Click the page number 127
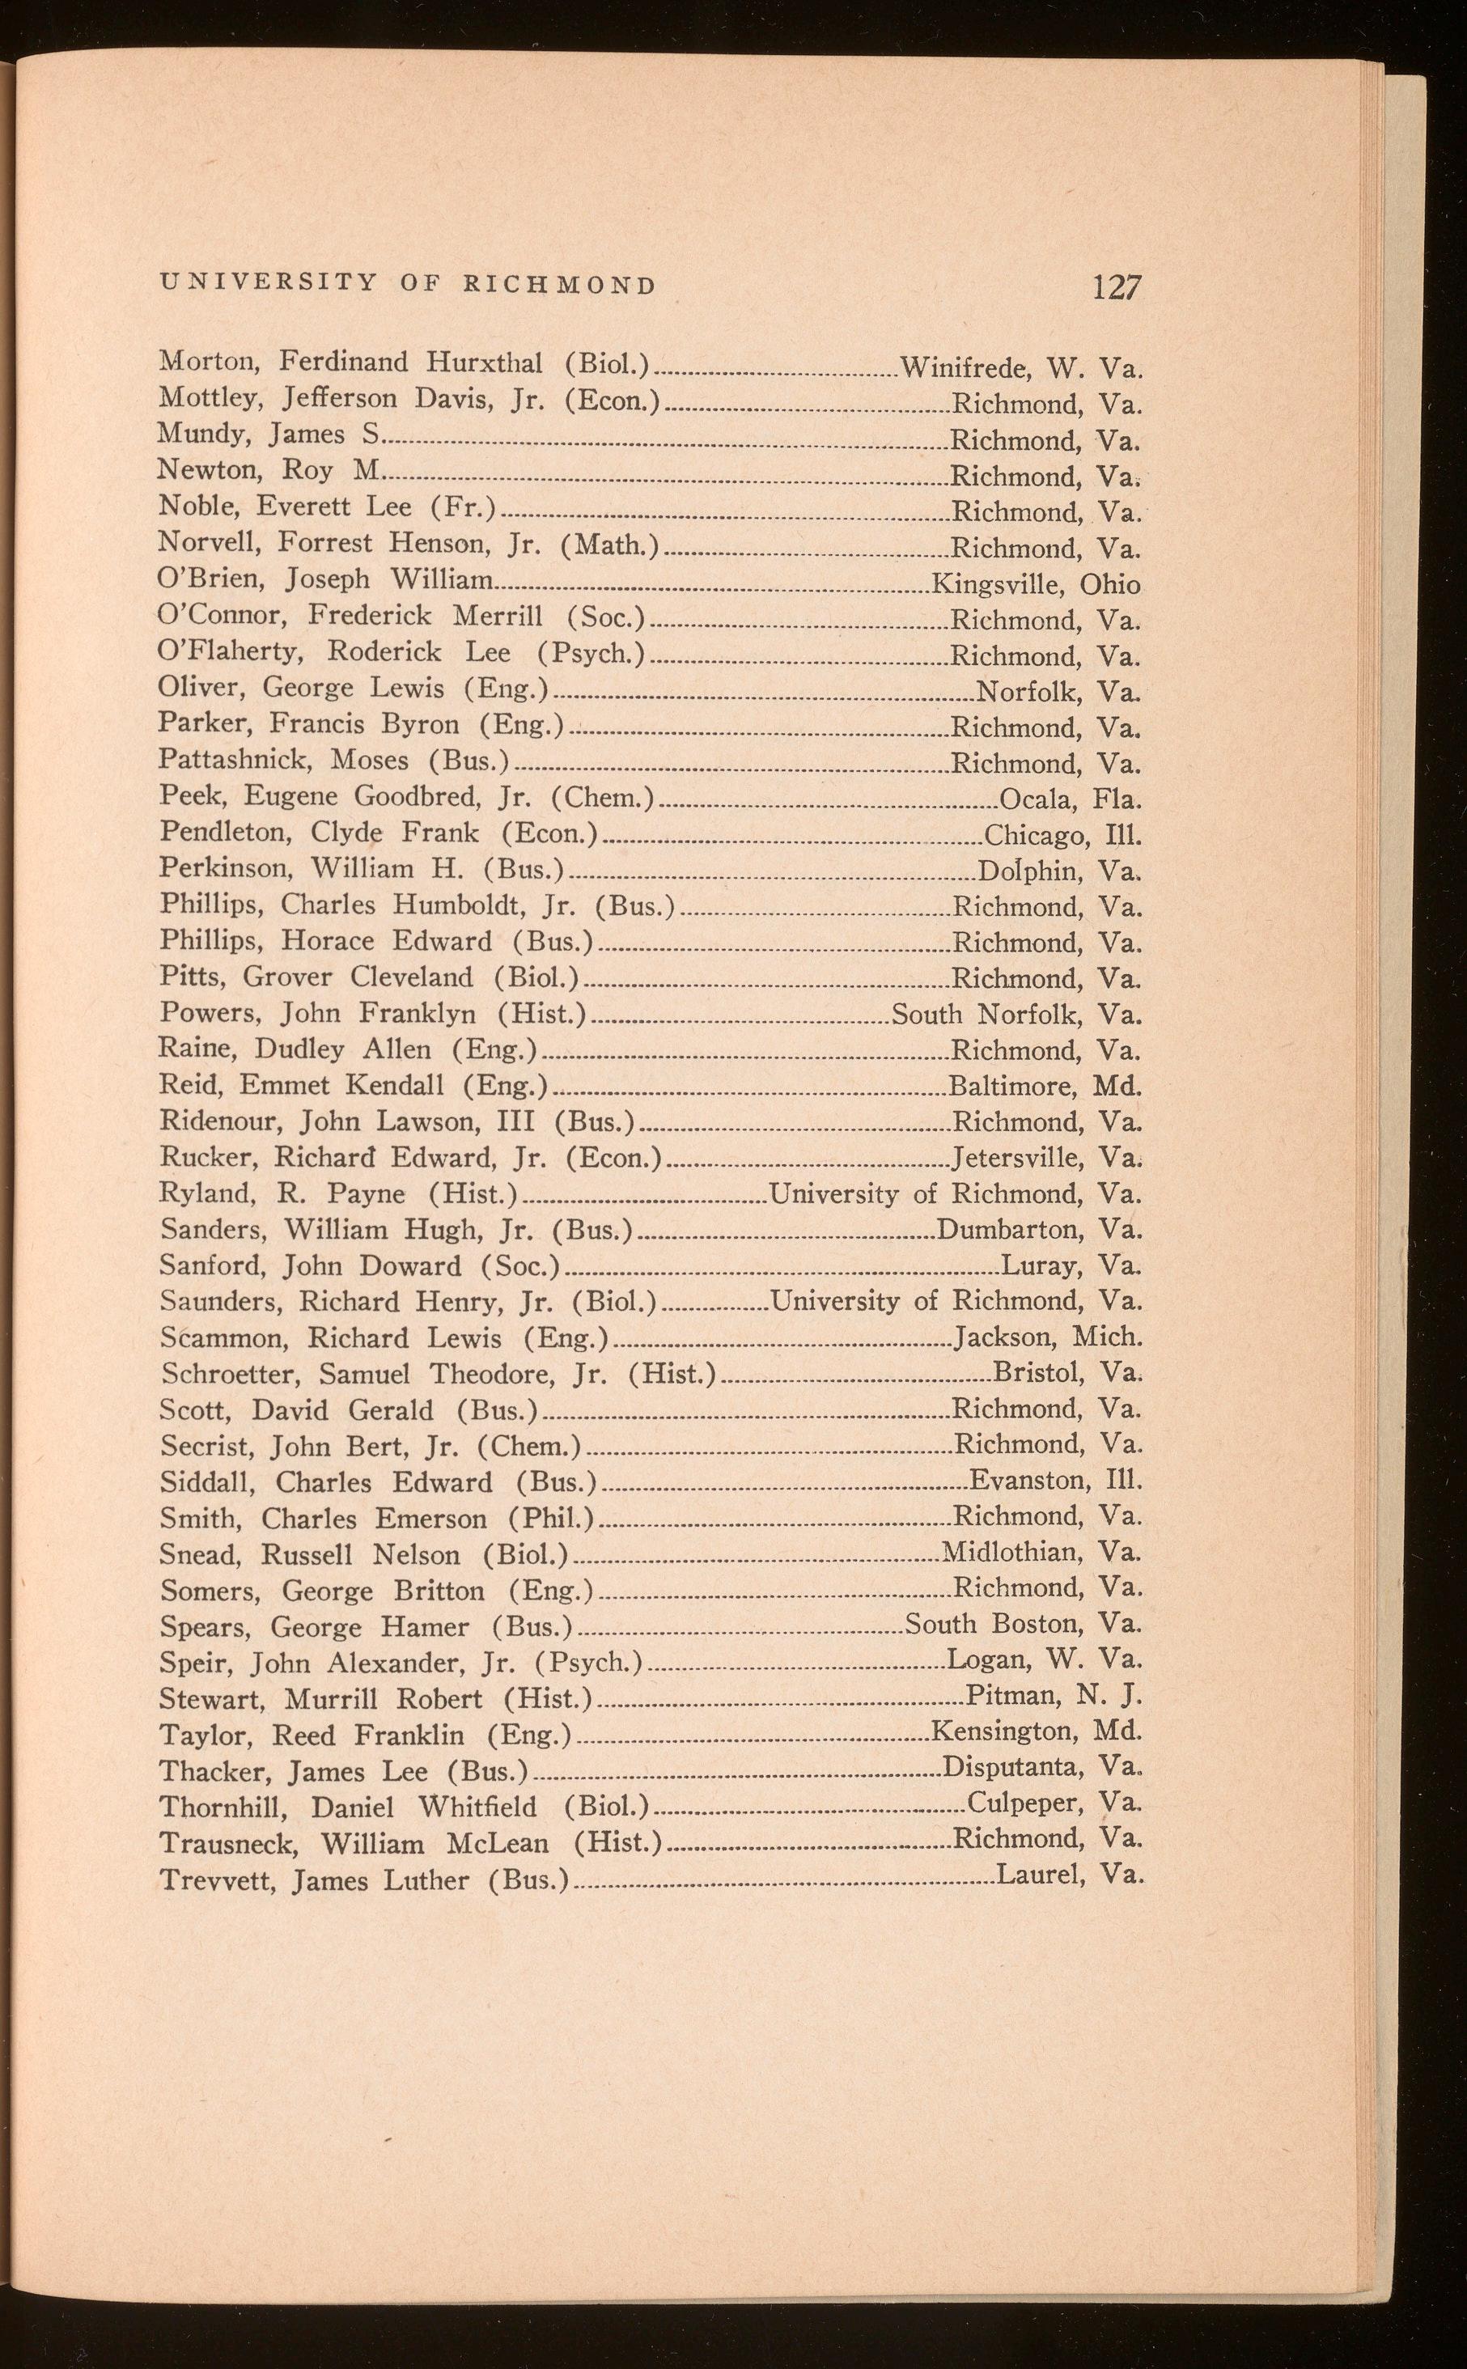(1117, 287)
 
